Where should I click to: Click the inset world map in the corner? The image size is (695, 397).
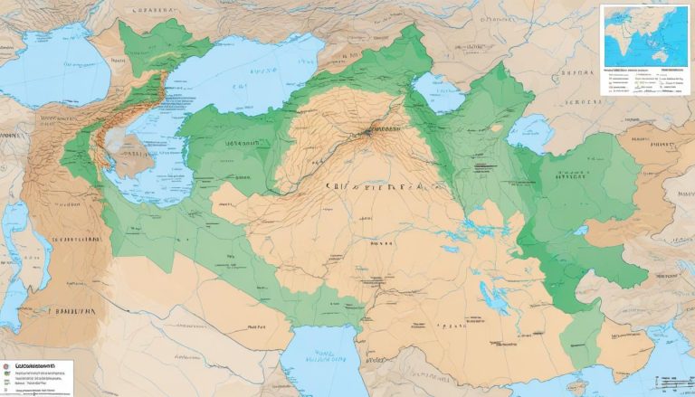tap(644, 36)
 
